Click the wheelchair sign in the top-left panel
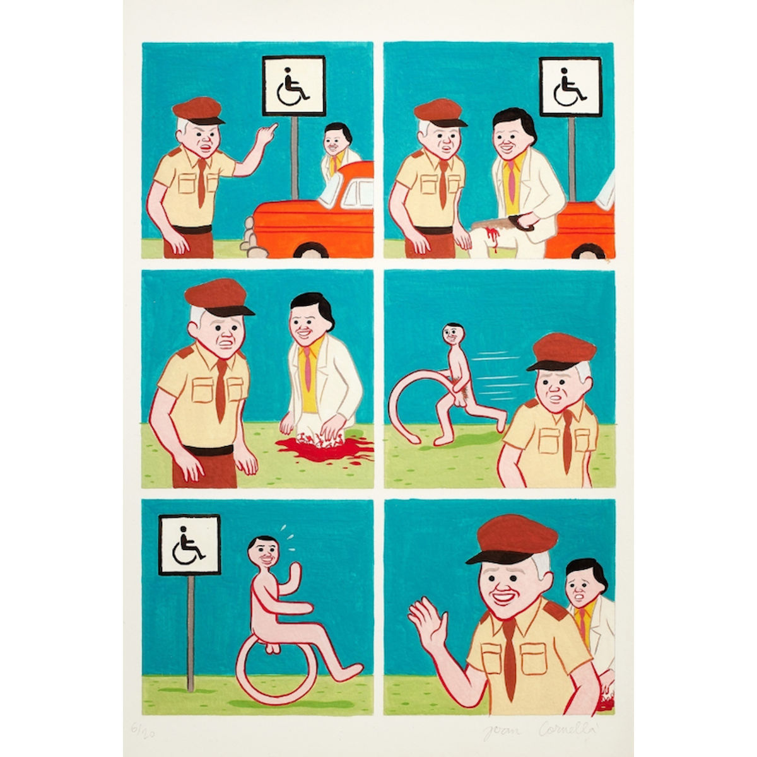(293, 86)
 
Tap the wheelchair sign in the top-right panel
(570, 87)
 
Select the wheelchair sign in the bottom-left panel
(189, 544)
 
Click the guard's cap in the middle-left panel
(216, 296)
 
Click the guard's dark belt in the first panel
(187, 230)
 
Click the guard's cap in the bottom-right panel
(512, 539)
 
